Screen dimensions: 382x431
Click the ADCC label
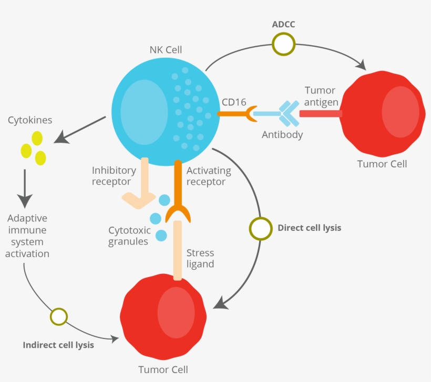pos(283,24)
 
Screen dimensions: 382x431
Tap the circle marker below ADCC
pos(283,45)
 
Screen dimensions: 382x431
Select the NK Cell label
pos(166,50)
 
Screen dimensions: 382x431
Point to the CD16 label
pos(234,102)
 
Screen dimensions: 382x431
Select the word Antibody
pos(282,135)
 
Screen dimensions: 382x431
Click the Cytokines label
pos(30,120)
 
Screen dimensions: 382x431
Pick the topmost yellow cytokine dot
pos(37,138)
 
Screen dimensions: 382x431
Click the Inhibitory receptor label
pos(114,176)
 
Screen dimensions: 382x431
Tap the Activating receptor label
pos(209,176)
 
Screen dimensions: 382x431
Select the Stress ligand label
pos(200,258)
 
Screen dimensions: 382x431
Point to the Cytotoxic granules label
pos(129,236)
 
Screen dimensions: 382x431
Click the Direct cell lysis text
pos(309,228)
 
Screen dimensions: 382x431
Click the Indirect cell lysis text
pos(58,345)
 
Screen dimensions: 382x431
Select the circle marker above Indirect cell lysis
pos(59,317)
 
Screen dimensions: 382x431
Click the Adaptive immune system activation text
pos(28,236)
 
